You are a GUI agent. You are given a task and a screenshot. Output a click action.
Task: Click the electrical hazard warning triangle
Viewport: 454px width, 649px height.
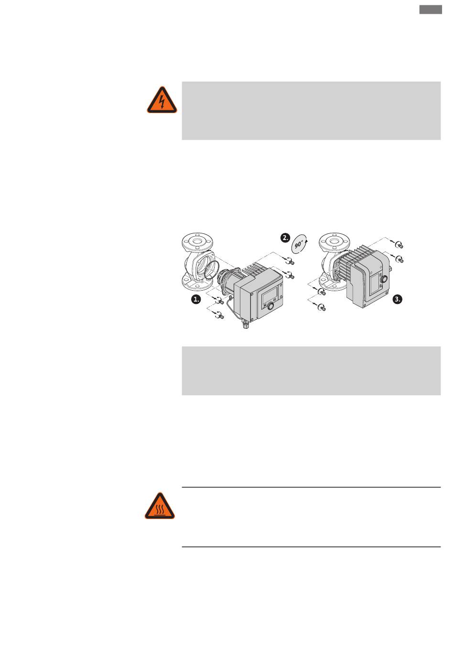pyautogui.click(x=162, y=100)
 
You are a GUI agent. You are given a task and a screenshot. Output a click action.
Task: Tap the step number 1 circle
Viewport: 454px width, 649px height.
pyautogui.click(x=196, y=299)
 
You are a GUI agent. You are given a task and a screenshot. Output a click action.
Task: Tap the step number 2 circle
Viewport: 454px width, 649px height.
pyautogui.click(x=285, y=238)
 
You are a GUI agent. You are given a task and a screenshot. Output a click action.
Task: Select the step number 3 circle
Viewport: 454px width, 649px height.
pyautogui.click(x=398, y=299)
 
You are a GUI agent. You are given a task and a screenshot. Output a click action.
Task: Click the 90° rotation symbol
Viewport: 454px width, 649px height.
pyautogui.click(x=299, y=243)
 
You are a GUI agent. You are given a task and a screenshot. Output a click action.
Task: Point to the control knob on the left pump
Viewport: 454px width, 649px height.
pyautogui.click(x=270, y=306)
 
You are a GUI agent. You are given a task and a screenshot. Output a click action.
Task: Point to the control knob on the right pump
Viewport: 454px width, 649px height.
pyautogui.click(x=384, y=280)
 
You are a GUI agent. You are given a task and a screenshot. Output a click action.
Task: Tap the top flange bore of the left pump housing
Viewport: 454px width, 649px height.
pyautogui.click(x=197, y=241)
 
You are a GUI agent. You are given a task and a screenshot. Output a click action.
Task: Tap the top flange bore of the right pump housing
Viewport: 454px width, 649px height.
pyautogui.click(x=334, y=241)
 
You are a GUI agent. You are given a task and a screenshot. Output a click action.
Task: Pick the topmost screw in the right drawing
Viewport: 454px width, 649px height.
pyautogui.click(x=400, y=245)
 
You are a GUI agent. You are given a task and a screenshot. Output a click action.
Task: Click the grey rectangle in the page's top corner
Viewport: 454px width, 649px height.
pyautogui.click(x=431, y=10)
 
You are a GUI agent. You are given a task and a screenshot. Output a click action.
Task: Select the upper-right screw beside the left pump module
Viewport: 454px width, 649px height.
pyautogui.click(x=291, y=262)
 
